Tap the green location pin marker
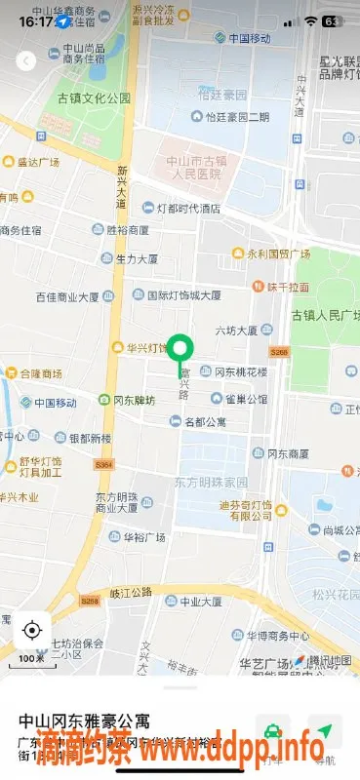coord(180,349)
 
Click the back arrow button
coord(26,60)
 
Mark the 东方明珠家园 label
coord(212,483)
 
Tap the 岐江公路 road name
coord(130,592)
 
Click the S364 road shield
coord(105,465)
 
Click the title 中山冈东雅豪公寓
coord(85,721)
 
